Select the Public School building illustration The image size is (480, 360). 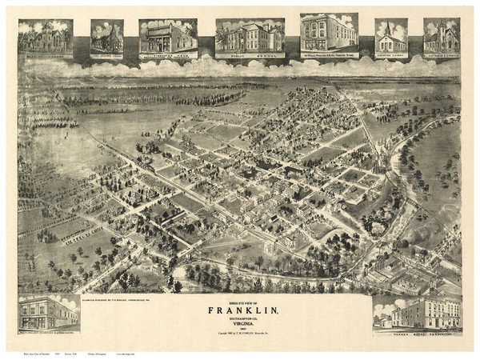[249, 36]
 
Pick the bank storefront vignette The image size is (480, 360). [168, 36]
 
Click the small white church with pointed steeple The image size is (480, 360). [390, 36]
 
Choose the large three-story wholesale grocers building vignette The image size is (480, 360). [329, 32]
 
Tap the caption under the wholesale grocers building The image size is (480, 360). [329, 55]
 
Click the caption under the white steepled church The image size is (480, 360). [390, 54]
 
